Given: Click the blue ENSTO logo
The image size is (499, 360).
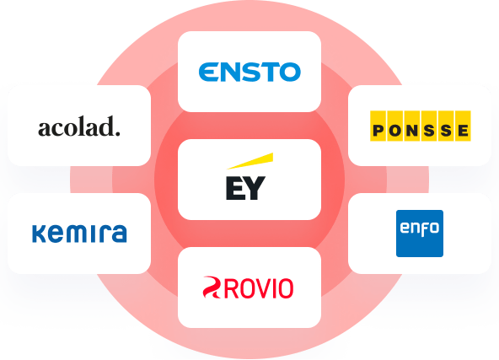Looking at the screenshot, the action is click(249, 72).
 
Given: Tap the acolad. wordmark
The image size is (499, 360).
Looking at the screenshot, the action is click(79, 126).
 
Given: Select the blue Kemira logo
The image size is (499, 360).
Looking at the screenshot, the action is click(79, 234).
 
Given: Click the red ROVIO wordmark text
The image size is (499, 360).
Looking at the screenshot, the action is click(259, 288).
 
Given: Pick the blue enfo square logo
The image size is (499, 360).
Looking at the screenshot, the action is click(420, 234).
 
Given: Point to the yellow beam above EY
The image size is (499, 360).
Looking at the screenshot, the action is click(249, 161).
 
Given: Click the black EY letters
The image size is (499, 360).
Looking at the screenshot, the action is click(245, 188).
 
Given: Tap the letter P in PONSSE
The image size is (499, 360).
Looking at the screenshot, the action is click(378, 131).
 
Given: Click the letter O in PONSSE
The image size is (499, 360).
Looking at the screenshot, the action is click(395, 131).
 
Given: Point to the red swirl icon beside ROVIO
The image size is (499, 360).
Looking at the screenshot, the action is click(212, 287).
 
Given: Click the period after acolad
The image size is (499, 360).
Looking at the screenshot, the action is click(118, 134).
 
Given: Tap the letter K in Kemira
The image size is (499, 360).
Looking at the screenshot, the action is click(39, 234).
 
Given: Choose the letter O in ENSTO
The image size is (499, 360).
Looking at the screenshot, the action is click(290, 72).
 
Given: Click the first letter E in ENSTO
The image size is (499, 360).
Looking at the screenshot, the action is click(208, 72).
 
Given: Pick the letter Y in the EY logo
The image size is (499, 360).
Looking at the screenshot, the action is click(255, 188).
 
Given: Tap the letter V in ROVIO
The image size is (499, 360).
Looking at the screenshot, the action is click(261, 288).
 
